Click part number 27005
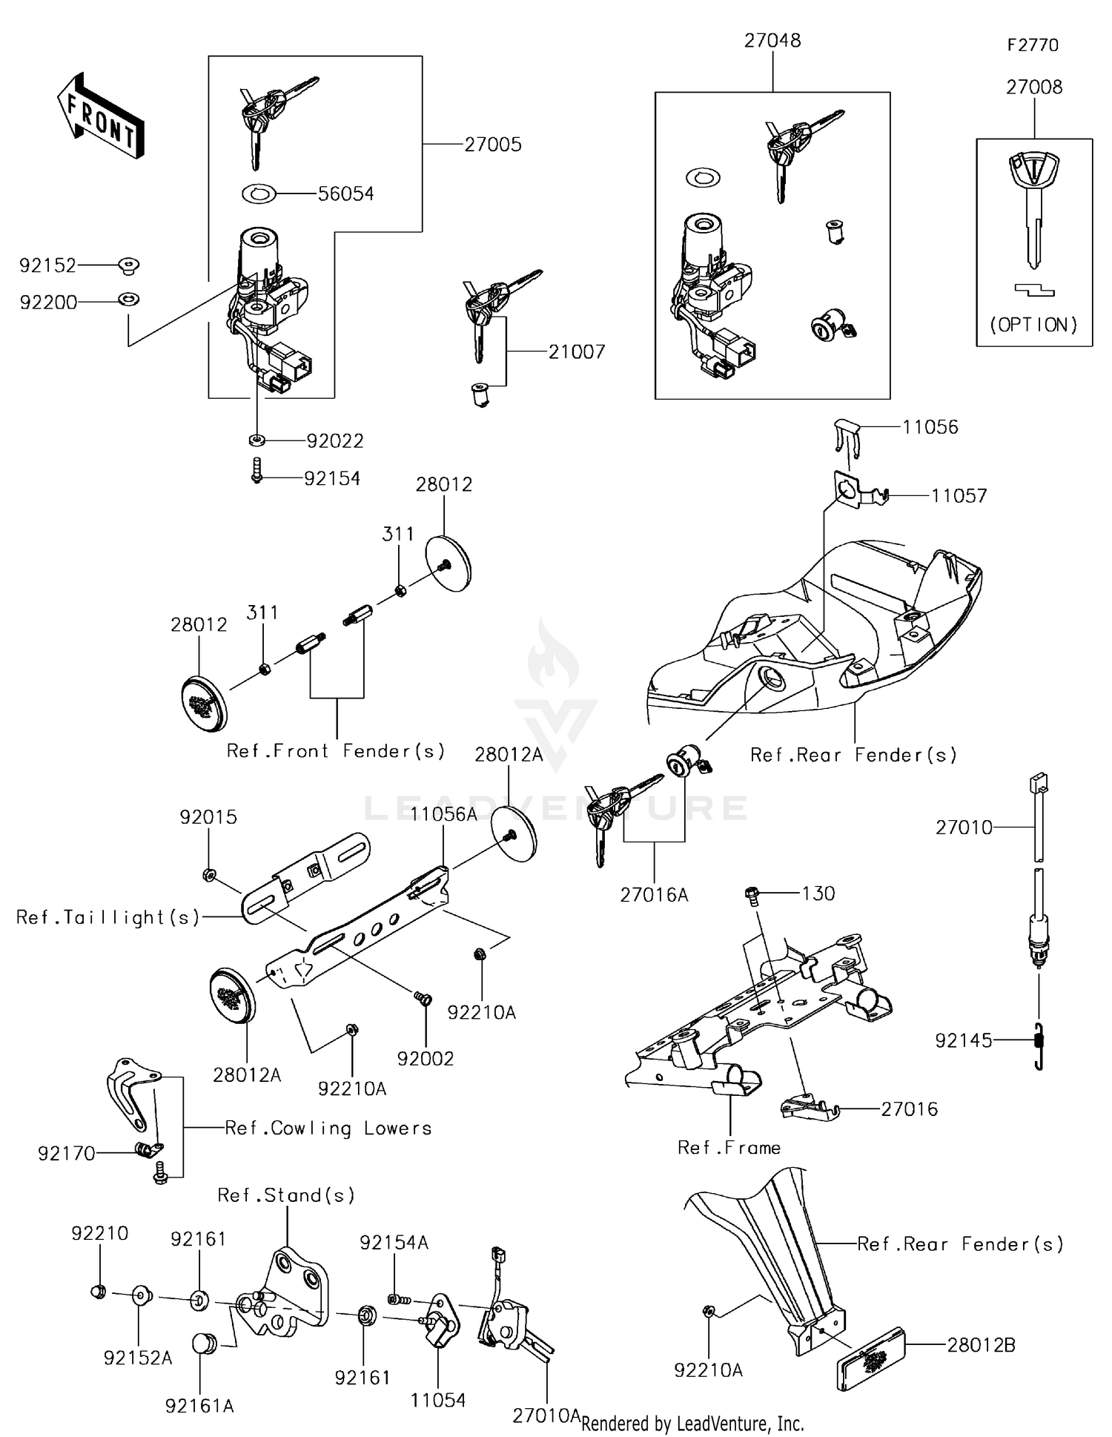[x=493, y=145]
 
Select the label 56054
[x=345, y=194]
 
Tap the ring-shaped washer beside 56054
[x=259, y=194]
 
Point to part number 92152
[x=47, y=265]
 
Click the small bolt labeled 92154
[x=257, y=470]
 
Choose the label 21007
[x=577, y=352]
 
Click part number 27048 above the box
[x=772, y=41]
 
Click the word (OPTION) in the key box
[x=1034, y=325]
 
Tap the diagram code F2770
[x=1033, y=45]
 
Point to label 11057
[x=959, y=496]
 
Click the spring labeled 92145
[x=1039, y=1045]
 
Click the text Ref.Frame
[x=729, y=1148]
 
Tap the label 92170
[x=67, y=1154]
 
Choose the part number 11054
[x=438, y=1400]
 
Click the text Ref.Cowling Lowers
[x=328, y=1129]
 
